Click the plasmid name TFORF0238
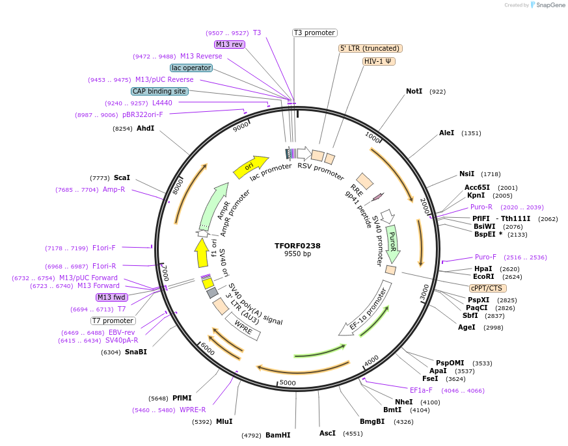pos(297,246)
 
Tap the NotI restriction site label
pos(414,92)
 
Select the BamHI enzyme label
pos(278,435)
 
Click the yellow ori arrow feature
pos(250,166)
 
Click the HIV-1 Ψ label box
pos(379,61)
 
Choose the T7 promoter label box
pos(113,321)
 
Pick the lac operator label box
pos(191,68)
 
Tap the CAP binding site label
pos(159,91)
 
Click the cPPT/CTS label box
pos(487,288)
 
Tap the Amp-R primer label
pos(114,190)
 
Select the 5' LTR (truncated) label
pos(370,48)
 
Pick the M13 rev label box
pos(230,44)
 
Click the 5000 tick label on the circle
pos(288,382)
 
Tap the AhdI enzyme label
pos(145,128)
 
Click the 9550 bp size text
pos(297,254)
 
